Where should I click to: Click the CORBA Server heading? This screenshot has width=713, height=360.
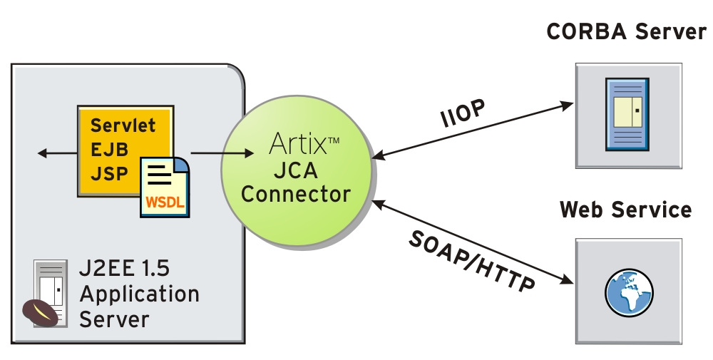[626, 31]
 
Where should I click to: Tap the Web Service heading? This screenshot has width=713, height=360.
[625, 210]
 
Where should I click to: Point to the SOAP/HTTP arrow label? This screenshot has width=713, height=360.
[471, 261]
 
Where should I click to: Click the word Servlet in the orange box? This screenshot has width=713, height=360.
[123, 126]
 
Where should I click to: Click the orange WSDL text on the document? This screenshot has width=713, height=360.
[165, 202]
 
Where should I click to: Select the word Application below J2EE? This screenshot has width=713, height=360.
[139, 293]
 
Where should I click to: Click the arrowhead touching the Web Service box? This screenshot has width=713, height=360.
[568, 280]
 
